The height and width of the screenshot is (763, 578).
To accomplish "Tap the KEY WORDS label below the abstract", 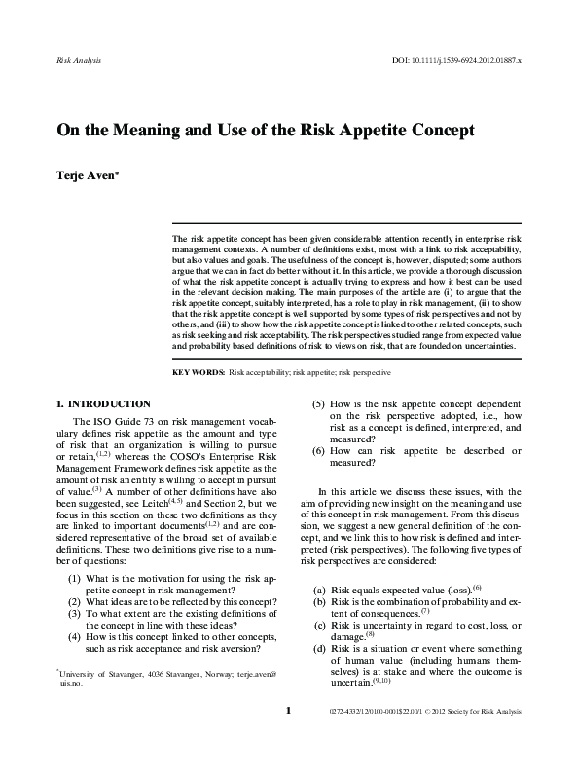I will click(x=198, y=372).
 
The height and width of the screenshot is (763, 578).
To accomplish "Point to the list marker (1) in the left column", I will click(x=75, y=578).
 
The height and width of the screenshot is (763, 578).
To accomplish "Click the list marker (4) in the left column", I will click(x=75, y=633).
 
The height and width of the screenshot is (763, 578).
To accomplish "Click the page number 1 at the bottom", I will click(x=289, y=738).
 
